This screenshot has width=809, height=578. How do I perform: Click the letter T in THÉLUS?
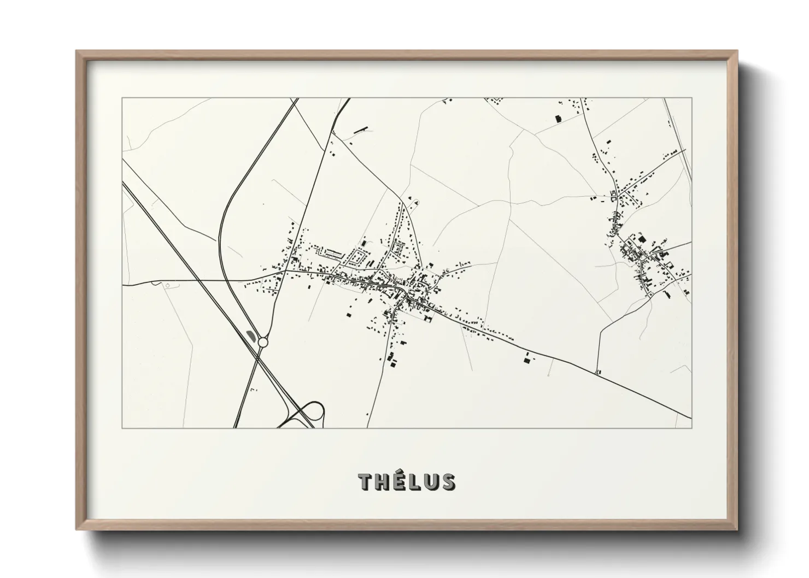coord(365,482)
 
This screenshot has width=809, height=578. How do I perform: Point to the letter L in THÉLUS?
coord(414,482)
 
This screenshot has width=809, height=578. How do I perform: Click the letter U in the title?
coord(430,482)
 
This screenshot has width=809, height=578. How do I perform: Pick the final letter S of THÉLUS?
coord(447,482)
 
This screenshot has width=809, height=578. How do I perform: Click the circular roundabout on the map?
coord(263,342)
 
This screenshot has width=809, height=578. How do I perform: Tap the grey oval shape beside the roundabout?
coord(251,334)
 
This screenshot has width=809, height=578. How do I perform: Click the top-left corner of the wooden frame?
coord(77,52)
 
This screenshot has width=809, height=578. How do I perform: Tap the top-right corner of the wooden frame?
coord(737,52)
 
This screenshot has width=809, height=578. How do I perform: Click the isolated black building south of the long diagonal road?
coord(527,358)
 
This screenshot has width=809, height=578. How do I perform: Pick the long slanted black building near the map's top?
coord(360,130)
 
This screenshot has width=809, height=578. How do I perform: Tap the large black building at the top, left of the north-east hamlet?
coord(558,118)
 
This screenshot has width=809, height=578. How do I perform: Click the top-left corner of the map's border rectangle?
coord(122,98)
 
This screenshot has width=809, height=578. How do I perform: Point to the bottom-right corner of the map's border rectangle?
coord(691,428)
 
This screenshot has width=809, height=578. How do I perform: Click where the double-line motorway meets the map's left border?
coord(123,183)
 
